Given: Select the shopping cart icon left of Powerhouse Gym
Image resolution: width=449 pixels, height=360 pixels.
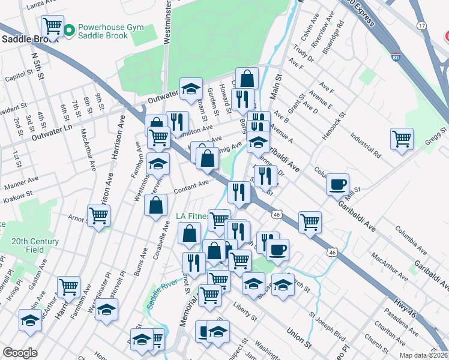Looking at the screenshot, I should click(52, 26).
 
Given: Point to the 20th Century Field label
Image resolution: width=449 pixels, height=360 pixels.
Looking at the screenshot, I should click(35, 245).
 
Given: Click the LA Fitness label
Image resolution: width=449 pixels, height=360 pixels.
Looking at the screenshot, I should click(191, 216).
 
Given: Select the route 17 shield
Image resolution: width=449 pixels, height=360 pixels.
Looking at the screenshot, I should click(422, 26).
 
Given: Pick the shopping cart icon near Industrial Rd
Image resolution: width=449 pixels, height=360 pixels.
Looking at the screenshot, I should click(402, 139).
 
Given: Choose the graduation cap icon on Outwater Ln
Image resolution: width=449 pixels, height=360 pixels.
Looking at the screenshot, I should click(191, 89).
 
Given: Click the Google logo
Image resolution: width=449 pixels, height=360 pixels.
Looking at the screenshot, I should click(20, 352).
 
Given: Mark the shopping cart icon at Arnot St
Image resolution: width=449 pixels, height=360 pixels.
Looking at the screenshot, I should click(98, 215).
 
